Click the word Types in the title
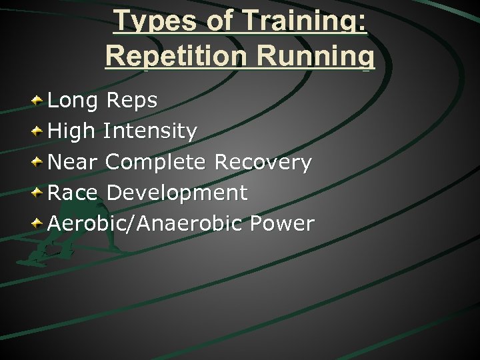[155, 21]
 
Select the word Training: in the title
[304, 21]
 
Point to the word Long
[72, 101]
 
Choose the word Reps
[131, 101]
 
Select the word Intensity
[151, 131]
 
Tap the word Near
[73, 162]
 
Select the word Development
[177, 193]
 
